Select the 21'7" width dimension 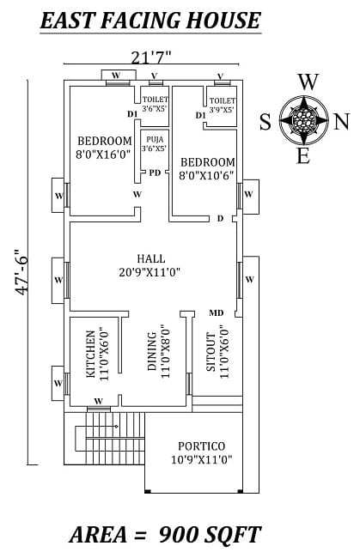150,58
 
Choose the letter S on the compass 265,121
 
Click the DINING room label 157,353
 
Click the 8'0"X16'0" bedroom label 104,148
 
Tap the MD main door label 217,312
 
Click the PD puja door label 155,173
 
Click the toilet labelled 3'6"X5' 155,105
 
